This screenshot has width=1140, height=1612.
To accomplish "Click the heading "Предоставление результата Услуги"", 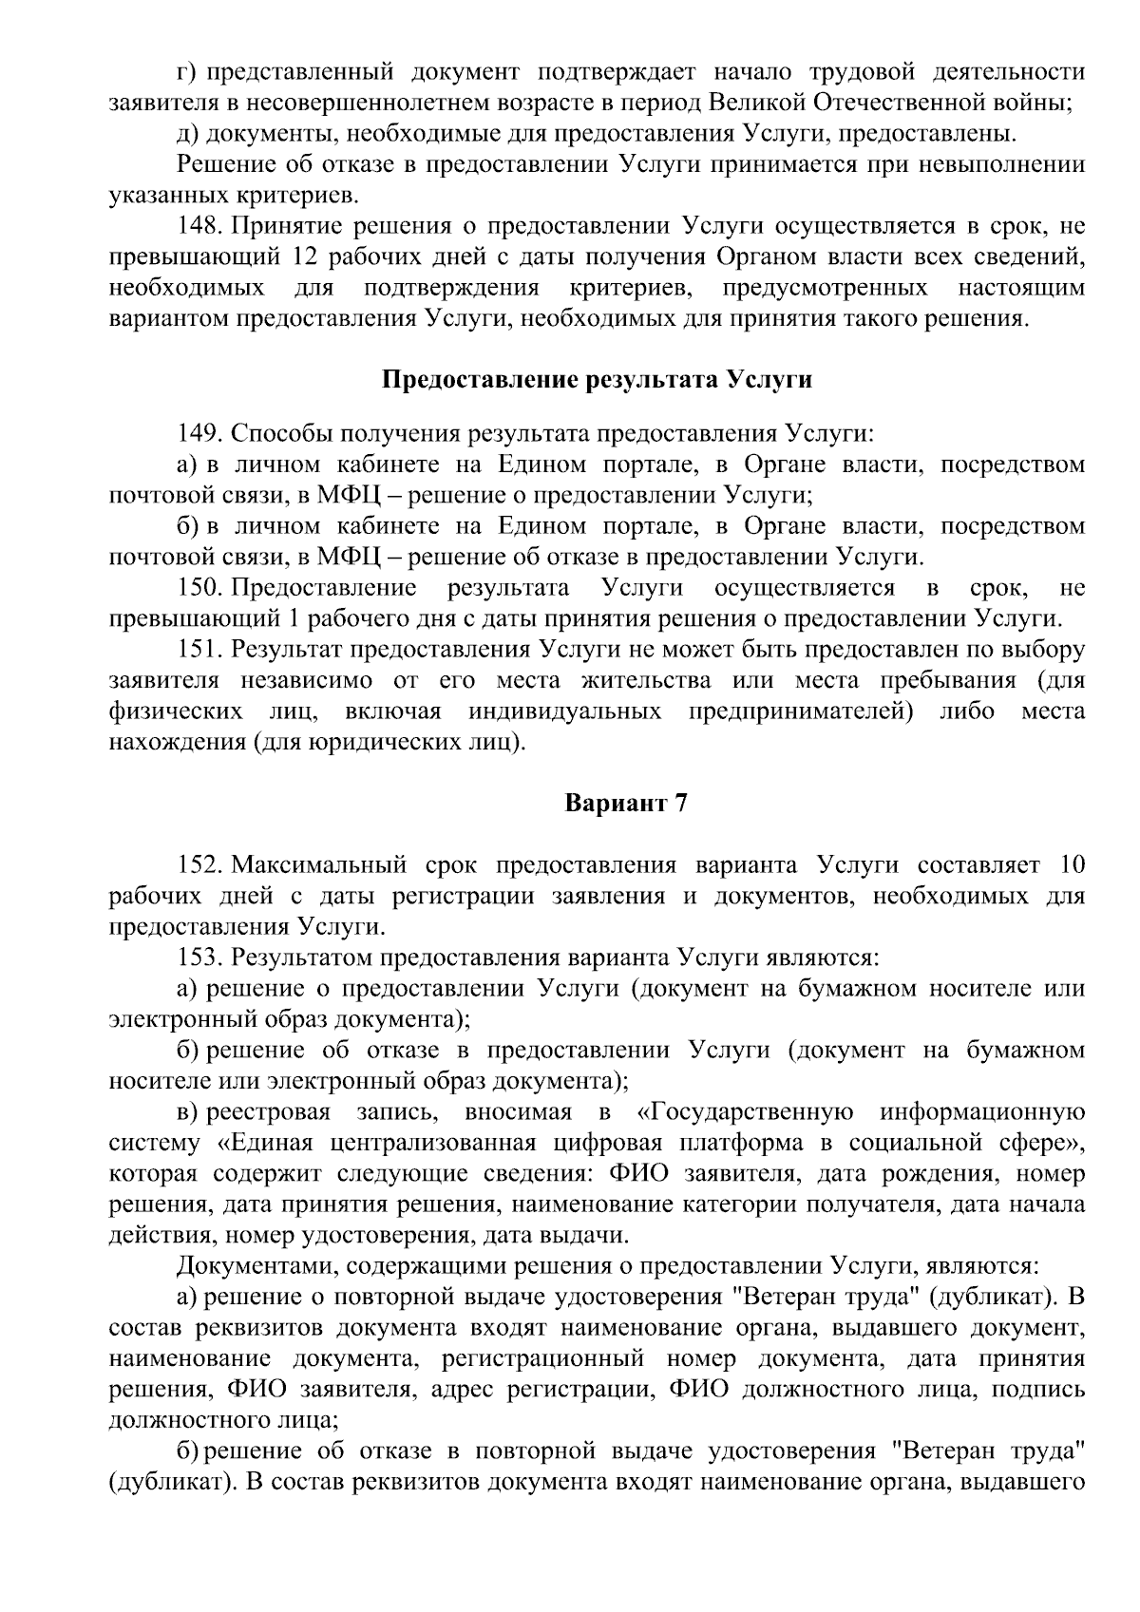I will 597,380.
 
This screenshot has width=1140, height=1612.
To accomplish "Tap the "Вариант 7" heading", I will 625,804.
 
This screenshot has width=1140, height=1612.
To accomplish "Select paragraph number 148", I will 199,227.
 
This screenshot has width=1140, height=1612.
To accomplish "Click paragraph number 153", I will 199,957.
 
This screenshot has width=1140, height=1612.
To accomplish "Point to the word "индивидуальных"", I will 564,711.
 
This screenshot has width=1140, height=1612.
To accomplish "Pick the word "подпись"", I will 1037,1390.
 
